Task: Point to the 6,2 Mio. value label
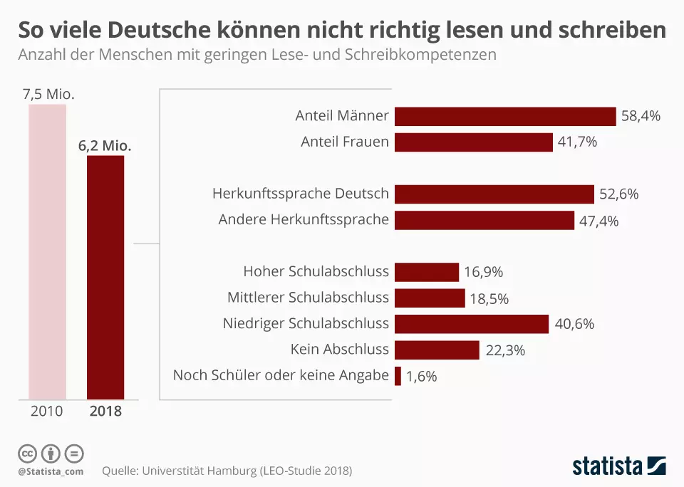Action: pyautogui.click(x=105, y=145)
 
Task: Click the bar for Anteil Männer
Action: pyautogui.click(x=505, y=116)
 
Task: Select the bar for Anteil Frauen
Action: pyautogui.click(x=473, y=142)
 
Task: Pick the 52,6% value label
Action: pyautogui.click(x=619, y=194)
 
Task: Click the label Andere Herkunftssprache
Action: pyautogui.click(x=304, y=219)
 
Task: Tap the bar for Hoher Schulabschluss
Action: pyautogui.click(x=427, y=272)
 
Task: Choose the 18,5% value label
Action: pyautogui.click(x=489, y=298)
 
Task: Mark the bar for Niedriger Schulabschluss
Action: pyautogui.click(x=472, y=324)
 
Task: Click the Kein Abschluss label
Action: pyautogui.click(x=340, y=349)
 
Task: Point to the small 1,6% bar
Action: pyautogui.click(x=398, y=376)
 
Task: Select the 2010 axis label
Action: pyautogui.click(x=46, y=411)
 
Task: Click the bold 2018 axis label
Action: pyautogui.click(x=105, y=411)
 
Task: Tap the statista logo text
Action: pyautogui.click(x=607, y=466)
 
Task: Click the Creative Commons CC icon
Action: pyautogui.click(x=27, y=454)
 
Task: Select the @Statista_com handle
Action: pyautogui.click(x=51, y=471)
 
